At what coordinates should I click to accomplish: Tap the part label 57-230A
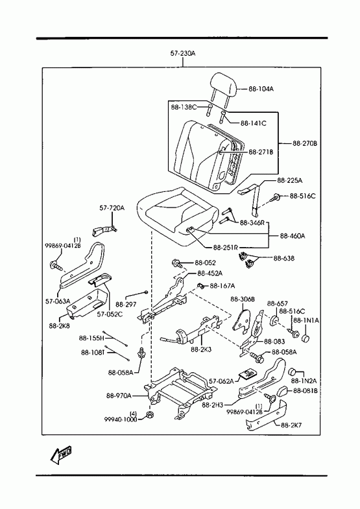pos(183,54)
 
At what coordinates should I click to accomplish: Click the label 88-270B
pos(304,143)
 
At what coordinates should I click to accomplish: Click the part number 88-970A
pos(119,396)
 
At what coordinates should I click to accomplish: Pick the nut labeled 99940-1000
pos(150,415)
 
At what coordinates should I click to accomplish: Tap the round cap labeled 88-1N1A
pos(306,338)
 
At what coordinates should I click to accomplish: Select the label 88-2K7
pos(291,425)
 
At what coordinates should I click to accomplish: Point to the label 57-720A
pos(112,207)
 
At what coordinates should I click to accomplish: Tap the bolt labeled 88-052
pos(176,263)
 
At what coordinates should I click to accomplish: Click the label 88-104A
pos(261,89)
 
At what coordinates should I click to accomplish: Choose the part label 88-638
pos(283,259)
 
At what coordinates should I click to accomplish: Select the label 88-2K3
pos(201,349)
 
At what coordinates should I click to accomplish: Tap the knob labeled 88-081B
pos(282,392)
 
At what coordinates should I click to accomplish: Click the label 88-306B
pos(243,299)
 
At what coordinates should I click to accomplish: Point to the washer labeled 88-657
pos(275,321)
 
